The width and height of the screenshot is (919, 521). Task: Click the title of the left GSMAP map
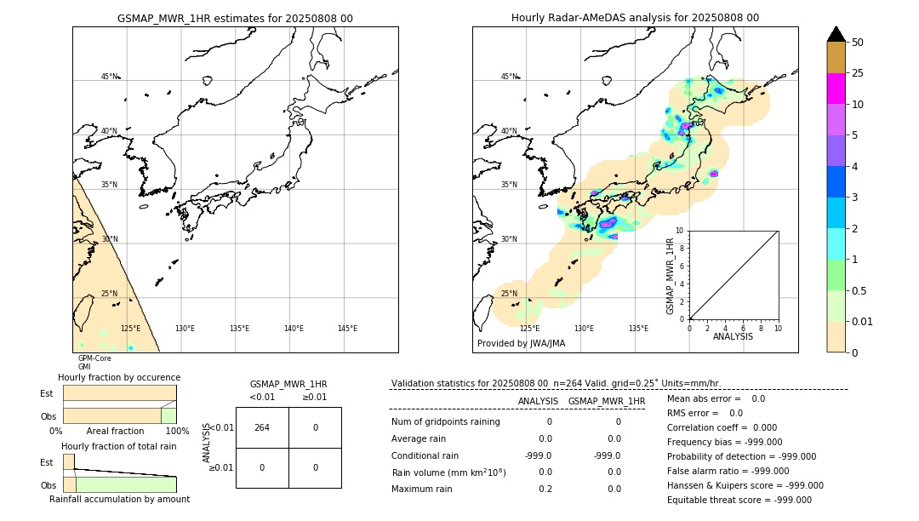tap(235, 18)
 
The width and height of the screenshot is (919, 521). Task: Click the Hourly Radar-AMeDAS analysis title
tap(635, 18)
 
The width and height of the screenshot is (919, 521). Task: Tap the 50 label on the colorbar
tap(859, 43)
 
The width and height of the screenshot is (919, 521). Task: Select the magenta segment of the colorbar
tap(836, 89)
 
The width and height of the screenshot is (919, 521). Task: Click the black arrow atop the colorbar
tap(836, 34)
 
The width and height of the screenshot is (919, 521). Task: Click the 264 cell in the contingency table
tap(262, 427)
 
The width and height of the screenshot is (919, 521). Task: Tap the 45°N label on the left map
tap(110, 77)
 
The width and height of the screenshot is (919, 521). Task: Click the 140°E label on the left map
tap(294, 329)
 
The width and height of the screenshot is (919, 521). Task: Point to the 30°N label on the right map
tap(509, 239)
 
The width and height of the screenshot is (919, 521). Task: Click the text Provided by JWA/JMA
tap(521, 344)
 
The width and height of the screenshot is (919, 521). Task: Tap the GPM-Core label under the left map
tap(94, 358)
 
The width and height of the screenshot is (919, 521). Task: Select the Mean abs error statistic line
tap(716, 398)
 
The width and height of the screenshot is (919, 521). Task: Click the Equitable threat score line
tap(739, 500)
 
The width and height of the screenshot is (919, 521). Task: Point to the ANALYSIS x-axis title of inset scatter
tap(733, 336)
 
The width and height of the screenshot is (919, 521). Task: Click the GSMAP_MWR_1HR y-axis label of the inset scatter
tap(671, 277)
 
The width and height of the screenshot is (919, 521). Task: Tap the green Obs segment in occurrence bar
tap(168, 415)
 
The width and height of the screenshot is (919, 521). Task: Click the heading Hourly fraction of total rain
tap(119, 446)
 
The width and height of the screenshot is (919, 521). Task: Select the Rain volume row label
tap(448, 472)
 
